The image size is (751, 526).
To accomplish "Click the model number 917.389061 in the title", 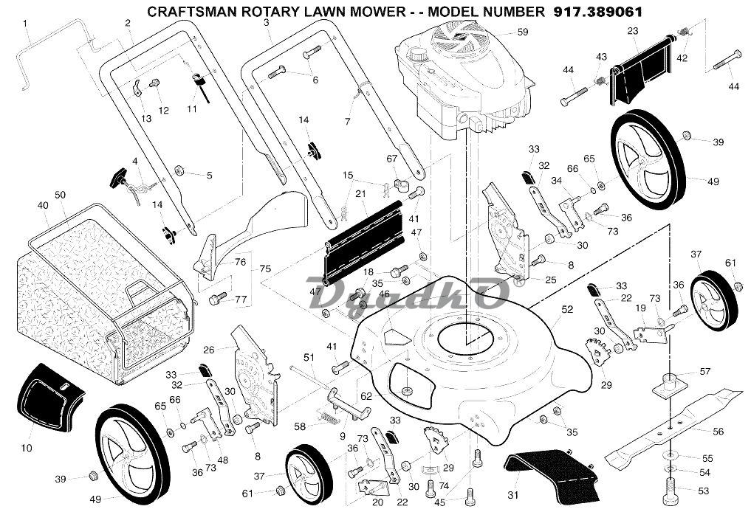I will pos(597,12).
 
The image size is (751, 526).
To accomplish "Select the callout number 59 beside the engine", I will pos(523,32).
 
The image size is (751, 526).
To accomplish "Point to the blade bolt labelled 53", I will pos(671,488).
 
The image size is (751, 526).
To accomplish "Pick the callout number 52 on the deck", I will pos(566,311).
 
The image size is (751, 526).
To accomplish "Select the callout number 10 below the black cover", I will pos(27,448).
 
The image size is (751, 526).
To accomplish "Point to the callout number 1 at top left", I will pos(26,23).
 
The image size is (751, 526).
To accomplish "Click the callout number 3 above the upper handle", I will pos(266,23).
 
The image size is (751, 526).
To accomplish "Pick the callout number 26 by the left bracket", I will pos(208,350).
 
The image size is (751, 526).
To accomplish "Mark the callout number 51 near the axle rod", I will pos(309,358).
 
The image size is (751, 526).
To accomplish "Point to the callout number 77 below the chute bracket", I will pos(240,299).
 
